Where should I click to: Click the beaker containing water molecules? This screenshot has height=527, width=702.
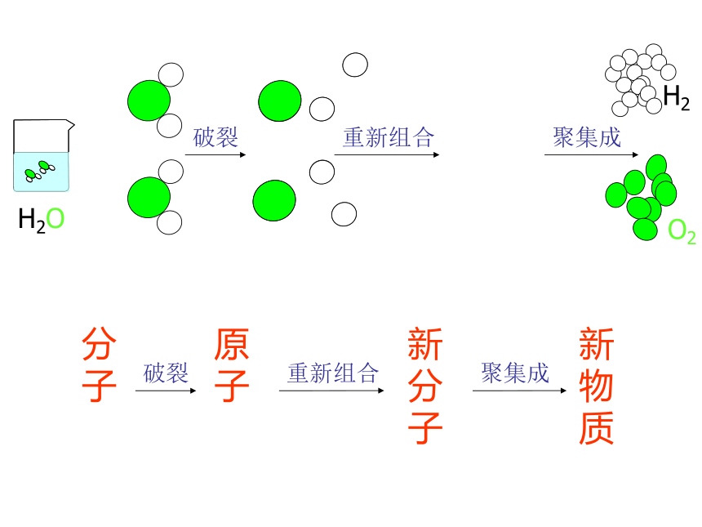(42, 155)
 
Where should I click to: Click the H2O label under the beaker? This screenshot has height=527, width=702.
(41, 220)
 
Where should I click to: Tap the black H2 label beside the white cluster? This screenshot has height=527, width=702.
(676, 97)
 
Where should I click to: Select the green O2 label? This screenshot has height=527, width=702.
(682, 232)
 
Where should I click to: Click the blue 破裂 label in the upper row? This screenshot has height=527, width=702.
(215, 137)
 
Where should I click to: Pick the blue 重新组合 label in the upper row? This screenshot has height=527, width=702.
(389, 137)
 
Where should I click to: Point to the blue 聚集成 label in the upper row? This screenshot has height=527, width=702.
(586, 137)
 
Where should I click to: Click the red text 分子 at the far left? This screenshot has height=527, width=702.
(100, 364)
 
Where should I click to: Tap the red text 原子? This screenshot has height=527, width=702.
(232, 364)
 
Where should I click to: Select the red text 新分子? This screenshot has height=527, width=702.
(425, 386)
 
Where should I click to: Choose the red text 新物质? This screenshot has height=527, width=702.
(597, 386)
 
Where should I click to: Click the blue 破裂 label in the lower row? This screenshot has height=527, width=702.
(166, 373)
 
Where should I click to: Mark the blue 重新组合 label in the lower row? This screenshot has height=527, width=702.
(333, 373)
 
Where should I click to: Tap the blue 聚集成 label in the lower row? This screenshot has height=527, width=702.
(515, 373)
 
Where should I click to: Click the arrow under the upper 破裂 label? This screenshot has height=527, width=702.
(215, 154)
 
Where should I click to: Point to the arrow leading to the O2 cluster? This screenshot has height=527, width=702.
(592, 154)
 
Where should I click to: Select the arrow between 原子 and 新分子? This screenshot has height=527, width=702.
(331, 391)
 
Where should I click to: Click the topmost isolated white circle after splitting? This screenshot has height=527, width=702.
(355, 65)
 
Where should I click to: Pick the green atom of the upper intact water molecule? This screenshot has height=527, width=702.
(149, 100)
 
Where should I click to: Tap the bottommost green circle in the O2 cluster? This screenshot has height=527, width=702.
(645, 229)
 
